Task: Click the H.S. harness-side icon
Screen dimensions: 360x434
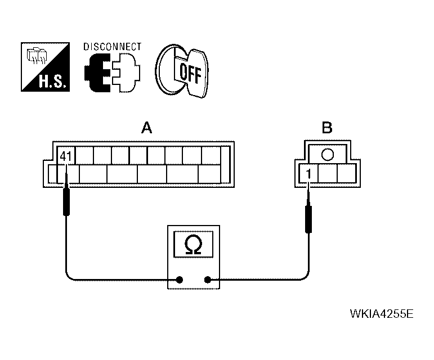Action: coord(46,67)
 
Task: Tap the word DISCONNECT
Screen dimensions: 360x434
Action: coord(113,47)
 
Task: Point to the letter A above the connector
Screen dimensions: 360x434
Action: coord(146,128)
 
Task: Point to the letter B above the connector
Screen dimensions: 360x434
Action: coord(326,128)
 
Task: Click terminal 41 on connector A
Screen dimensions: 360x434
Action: coord(65,156)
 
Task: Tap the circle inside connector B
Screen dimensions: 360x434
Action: coord(327,154)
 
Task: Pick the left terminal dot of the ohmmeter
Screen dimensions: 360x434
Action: coord(180,279)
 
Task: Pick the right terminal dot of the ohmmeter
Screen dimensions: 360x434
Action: coord(208,279)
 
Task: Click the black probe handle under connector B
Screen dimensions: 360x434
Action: coord(308,219)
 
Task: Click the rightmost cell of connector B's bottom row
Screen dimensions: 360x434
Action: coord(344,174)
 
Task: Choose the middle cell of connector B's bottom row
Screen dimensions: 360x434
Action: coord(326,174)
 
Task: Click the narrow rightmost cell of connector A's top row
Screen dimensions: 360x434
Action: coord(225,156)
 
